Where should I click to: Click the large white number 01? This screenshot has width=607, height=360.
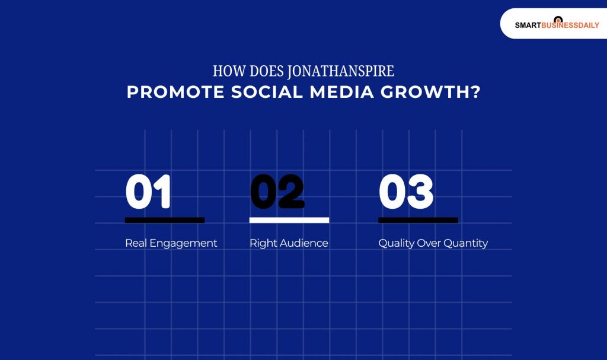pos(148,192)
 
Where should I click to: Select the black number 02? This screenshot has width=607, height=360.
pos(277,192)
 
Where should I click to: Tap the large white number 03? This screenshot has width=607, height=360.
pos(406,192)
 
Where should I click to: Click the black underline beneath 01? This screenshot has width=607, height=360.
pos(165,220)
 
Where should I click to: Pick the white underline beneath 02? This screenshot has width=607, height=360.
pos(289,220)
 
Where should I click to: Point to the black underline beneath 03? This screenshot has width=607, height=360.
pos(418,220)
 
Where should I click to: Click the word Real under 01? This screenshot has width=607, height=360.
pos(136,243)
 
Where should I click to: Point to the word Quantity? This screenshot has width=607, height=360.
pos(465,244)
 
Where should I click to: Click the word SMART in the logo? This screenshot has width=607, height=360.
pos(528,26)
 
